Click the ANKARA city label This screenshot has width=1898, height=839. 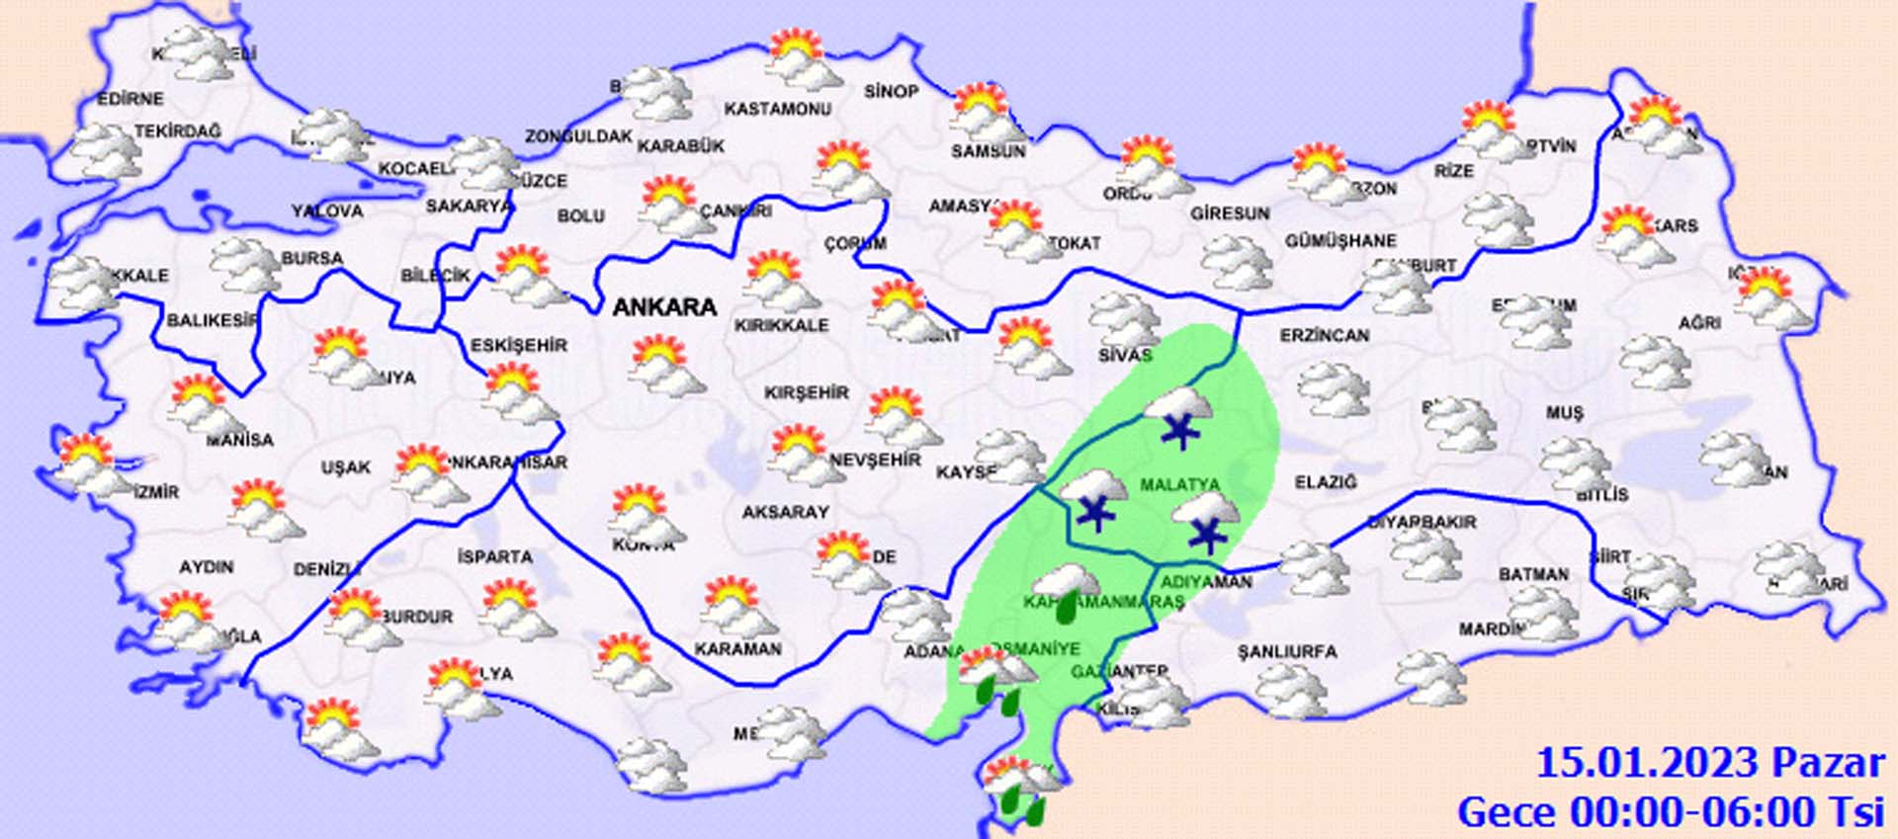(664, 307)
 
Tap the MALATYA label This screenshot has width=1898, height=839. (1179, 484)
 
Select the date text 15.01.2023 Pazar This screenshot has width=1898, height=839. (1709, 763)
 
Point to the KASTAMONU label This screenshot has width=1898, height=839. (777, 109)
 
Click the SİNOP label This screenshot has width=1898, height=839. (892, 91)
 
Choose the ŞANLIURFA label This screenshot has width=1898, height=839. (1287, 651)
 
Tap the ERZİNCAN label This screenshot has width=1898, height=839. (1325, 336)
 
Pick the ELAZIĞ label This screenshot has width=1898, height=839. (1326, 482)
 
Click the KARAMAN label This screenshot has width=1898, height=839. (737, 649)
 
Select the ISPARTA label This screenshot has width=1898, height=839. (494, 556)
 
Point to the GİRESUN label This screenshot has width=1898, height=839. (1230, 212)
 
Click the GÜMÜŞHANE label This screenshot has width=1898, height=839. (1340, 240)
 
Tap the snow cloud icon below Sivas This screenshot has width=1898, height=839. (1178, 416)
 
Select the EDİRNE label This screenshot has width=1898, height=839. (130, 99)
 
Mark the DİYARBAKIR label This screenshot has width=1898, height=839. (1422, 522)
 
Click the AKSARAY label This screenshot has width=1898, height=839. (785, 512)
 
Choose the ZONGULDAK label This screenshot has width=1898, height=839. (578, 136)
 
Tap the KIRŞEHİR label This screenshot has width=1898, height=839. (806, 392)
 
